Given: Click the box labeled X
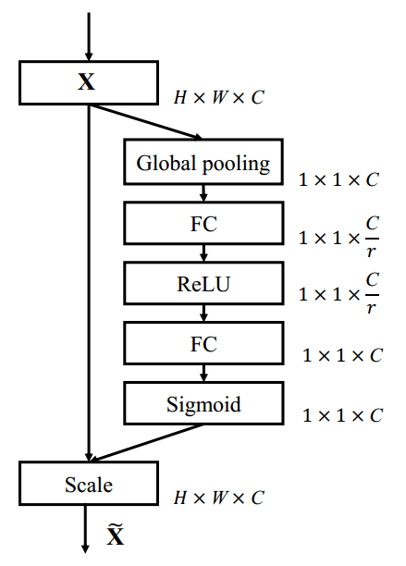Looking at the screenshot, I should (x=87, y=82).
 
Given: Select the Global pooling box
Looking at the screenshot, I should (x=203, y=164).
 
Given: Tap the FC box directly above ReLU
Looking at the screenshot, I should (x=203, y=225).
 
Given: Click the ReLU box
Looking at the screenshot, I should (x=203, y=284).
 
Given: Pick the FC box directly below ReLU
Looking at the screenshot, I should (x=203, y=344).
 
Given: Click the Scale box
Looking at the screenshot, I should (x=88, y=484).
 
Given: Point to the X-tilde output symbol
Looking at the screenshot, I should (x=115, y=535).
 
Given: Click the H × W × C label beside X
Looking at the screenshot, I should (x=219, y=96).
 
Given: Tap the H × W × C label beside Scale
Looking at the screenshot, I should (x=219, y=498).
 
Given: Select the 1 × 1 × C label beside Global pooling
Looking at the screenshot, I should (x=338, y=179).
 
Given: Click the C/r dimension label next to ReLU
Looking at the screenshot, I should (x=338, y=294).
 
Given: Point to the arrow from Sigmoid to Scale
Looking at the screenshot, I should (x=148, y=441).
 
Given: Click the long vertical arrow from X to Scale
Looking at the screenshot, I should (x=88, y=277).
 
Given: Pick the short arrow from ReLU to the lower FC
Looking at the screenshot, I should (x=203, y=314).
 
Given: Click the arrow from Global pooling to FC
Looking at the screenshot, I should (x=203, y=193).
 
